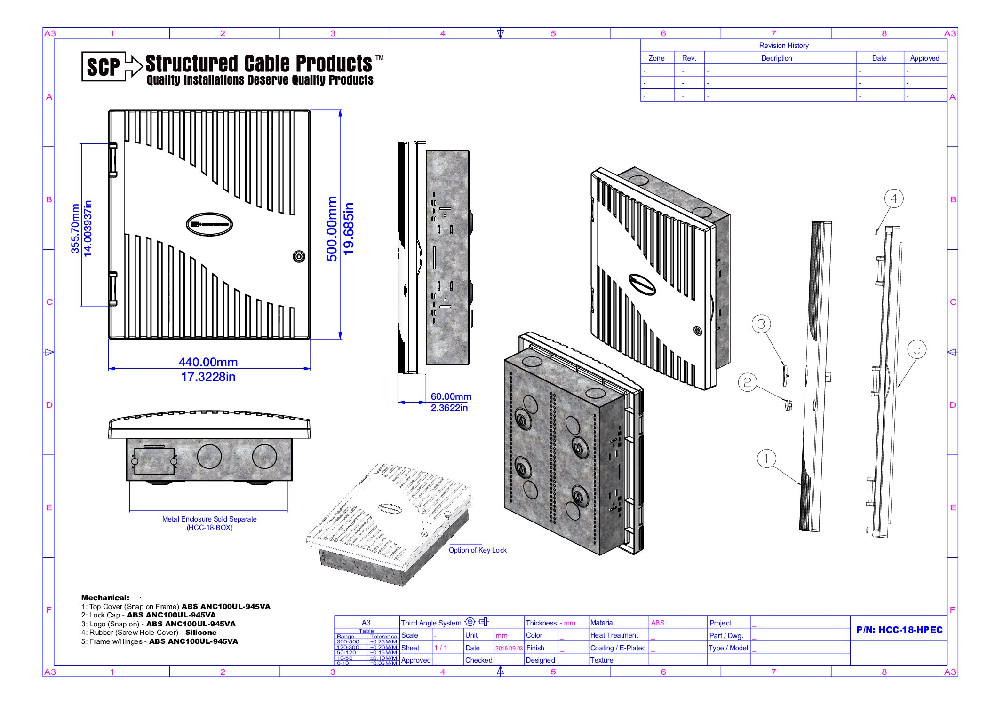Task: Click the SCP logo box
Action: pyautogui.click(x=104, y=66)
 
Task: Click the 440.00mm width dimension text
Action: pyautogui.click(x=208, y=362)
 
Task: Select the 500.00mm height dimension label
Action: pyautogui.click(x=332, y=229)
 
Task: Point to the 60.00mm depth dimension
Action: pyautogui.click(x=451, y=396)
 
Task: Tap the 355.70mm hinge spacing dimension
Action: pyautogui.click(x=75, y=229)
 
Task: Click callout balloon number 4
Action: pyautogui.click(x=893, y=198)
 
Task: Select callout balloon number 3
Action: pyautogui.click(x=761, y=324)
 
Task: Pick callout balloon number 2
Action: pyautogui.click(x=747, y=382)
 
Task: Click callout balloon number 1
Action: pyautogui.click(x=766, y=458)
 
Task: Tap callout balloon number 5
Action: pyautogui.click(x=916, y=349)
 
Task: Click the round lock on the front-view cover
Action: pyautogui.click(x=299, y=256)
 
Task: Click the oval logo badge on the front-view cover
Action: pyautogui.click(x=209, y=224)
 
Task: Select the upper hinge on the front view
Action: pyautogui.click(x=113, y=160)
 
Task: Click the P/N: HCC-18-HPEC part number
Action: pyautogui.click(x=899, y=630)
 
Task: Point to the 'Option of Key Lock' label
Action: pyautogui.click(x=477, y=550)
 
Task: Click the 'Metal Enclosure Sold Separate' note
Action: pyautogui.click(x=209, y=519)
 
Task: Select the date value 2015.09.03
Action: pyautogui.click(x=509, y=648)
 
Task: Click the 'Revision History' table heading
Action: pyautogui.click(x=783, y=46)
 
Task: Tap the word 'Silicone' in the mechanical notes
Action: pyautogui.click(x=201, y=633)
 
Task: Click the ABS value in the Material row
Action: pyautogui.click(x=657, y=623)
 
